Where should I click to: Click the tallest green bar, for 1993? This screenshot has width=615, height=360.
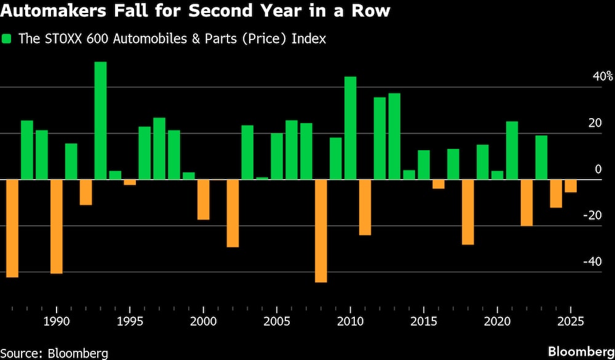pyautogui.click(x=100, y=120)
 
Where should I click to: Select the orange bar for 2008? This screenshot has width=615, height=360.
pyautogui.click(x=321, y=231)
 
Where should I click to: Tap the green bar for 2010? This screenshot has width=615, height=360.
pyautogui.click(x=351, y=128)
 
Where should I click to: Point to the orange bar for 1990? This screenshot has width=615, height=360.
pyautogui.click(x=57, y=226)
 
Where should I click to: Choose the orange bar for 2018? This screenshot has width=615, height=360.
pyautogui.click(x=468, y=212)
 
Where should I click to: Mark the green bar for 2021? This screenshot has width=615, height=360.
pyautogui.click(x=512, y=150)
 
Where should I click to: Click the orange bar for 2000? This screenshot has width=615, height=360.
pyautogui.click(x=204, y=199)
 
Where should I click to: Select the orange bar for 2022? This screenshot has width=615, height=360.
pyautogui.click(x=526, y=202)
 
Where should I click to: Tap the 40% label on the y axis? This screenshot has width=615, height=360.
pyautogui.click(x=602, y=77)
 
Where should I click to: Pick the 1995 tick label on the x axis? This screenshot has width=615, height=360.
pyautogui.click(x=130, y=321)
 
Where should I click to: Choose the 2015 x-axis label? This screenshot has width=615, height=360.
pyautogui.click(x=424, y=321)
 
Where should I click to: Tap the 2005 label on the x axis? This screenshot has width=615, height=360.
pyautogui.click(x=277, y=321)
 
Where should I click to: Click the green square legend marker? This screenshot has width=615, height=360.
pyautogui.click(x=8, y=39)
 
